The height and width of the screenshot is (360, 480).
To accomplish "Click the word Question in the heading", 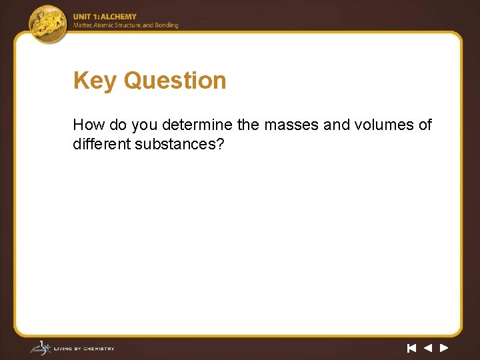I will [175, 81].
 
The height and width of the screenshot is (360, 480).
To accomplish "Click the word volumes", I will [384, 125].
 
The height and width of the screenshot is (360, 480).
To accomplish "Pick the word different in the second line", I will [101, 143].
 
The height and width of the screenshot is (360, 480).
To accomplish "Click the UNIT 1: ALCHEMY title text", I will [105, 17].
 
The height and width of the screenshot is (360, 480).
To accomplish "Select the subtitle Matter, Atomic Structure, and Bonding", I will [126, 25].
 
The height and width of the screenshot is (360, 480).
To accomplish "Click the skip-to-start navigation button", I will [411, 347].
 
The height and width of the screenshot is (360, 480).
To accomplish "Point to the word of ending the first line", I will [425, 125].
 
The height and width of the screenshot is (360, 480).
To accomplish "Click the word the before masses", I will [249, 125].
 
